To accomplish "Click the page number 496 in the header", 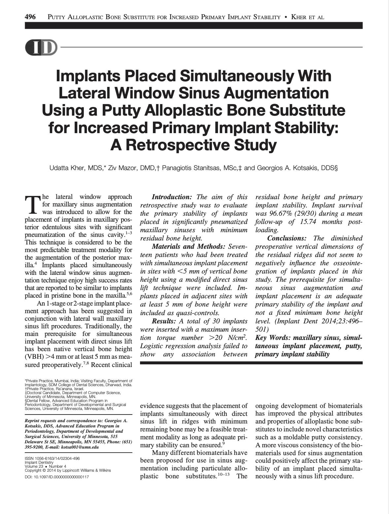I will coord(30,17).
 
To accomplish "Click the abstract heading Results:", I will coord(164,321).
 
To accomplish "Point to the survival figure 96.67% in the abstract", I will coord(272,214).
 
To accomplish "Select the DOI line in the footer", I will coord(57,477).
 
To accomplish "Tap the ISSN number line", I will coord(52,459).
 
